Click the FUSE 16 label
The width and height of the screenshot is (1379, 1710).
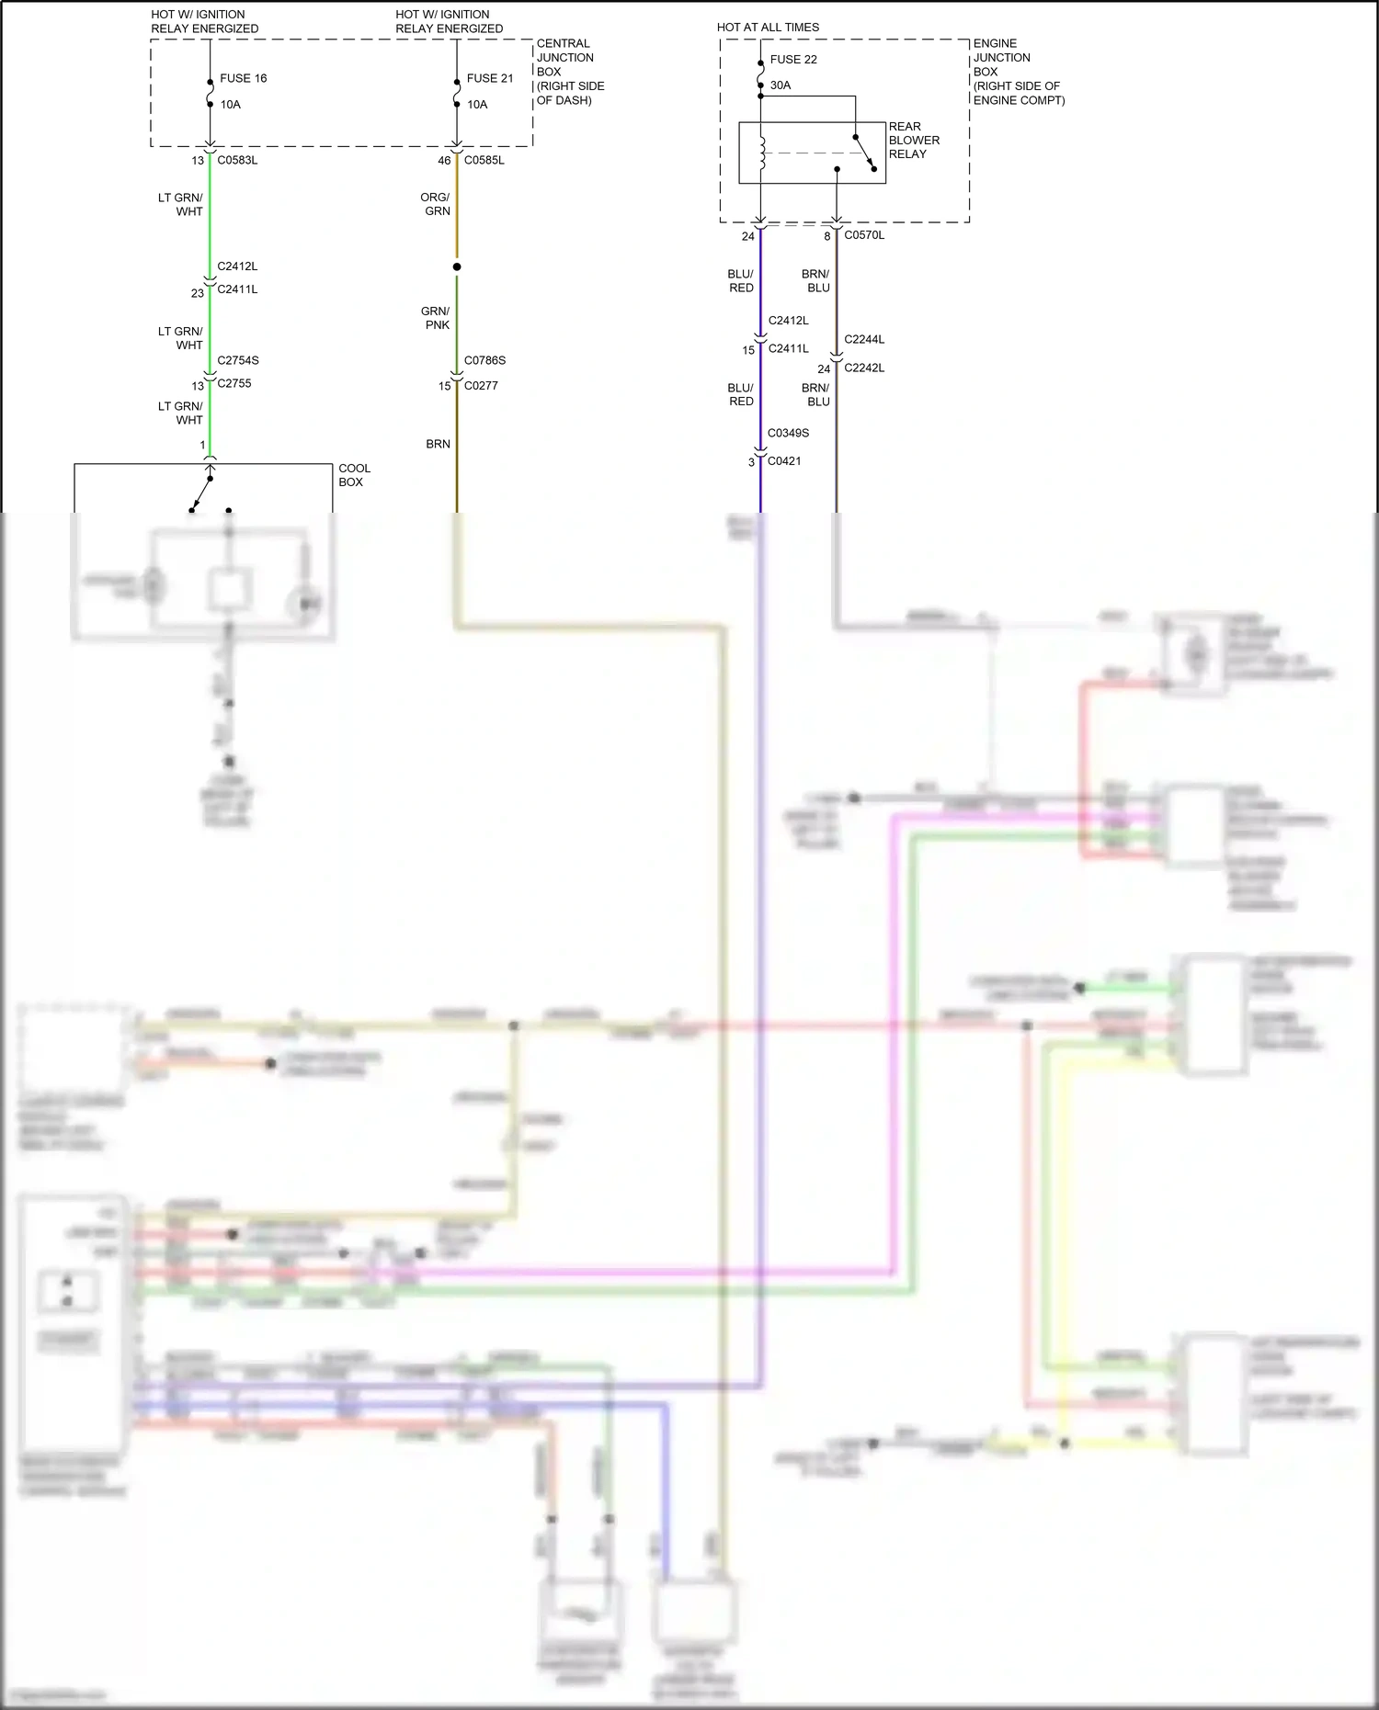[x=243, y=78]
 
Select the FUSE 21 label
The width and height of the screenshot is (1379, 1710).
[x=489, y=78]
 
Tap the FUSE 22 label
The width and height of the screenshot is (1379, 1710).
[x=793, y=60]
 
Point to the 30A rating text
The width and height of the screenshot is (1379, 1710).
[x=781, y=85]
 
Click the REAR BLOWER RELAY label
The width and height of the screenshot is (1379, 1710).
[x=913, y=141]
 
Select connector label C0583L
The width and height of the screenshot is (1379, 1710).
[x=237, y=160]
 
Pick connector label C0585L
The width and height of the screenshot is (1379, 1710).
[x=484, y=160]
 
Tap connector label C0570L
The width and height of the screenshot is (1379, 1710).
[x=864, y=235]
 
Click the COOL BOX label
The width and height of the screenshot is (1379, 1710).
[x=354, y=475]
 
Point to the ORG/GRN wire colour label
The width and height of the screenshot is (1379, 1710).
[x=436, y=204]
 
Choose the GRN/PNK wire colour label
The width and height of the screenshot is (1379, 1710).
[x=436, y=318]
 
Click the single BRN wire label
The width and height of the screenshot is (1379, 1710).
[x=438, y=444]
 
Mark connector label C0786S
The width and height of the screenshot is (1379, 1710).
[x=484, y=360]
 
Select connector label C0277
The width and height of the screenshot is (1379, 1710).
[x=481, y=385]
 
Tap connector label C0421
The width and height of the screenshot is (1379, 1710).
[x=784, y=461]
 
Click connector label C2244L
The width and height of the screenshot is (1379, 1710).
[x=864, y=339]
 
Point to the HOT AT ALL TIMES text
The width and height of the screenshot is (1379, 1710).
[x=768, y=28]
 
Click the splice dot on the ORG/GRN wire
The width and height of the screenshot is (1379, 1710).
[x=457, y=266]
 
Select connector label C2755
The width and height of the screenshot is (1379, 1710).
[x=234, y=383]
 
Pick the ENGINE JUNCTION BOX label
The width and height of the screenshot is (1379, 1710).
[x=1018, y=72]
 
